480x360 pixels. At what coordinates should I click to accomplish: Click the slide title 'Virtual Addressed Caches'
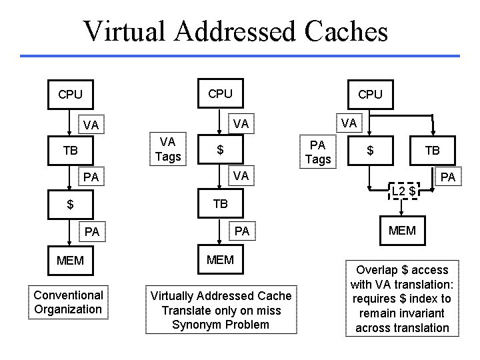[235, 30]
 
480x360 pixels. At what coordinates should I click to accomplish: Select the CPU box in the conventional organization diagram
[70, 94]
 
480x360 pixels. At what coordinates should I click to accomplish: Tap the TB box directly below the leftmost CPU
[70, 151]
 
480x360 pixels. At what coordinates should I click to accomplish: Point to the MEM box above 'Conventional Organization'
[70, 260]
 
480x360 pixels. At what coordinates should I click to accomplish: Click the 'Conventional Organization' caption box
[68, 302]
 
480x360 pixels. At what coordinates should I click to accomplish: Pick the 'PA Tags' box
[318, 151]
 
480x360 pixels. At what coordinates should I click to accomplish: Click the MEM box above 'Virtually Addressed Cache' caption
[221, 259]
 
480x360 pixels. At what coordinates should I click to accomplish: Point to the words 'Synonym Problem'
[221, 325]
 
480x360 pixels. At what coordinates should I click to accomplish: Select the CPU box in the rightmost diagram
[370, 94]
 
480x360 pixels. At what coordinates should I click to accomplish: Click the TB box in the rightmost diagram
[433, 151]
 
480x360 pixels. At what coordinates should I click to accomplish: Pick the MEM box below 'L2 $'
[402, 231]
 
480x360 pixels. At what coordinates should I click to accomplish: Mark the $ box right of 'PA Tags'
[370, 151]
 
